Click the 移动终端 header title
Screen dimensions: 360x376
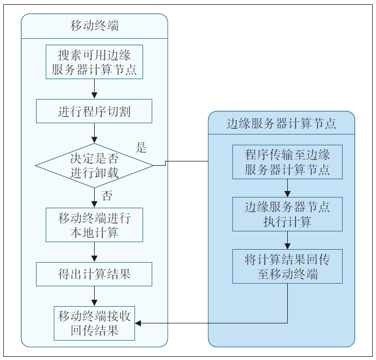[x=94, y=26]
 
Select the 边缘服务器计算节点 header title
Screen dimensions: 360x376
[x=281, y=123]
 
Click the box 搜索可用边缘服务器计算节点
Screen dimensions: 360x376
[x=94, y=62]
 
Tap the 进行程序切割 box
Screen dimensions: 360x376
[x=94, y=111]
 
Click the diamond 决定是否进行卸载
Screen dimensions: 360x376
[x=94, y=166]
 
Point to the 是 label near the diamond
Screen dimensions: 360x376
[x=141, y=148]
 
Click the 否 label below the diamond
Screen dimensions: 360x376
[x=107, y=195]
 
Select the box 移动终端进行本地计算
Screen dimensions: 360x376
[x=94, y=225]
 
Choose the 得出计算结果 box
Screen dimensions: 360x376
[x=94, y=274]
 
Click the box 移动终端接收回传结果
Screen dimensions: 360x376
[x=94, y=323]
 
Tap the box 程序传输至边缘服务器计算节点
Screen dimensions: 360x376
[x=287, y=163]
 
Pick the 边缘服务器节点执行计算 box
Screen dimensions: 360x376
[x=287, y=214]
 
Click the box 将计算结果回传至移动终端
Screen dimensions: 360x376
[x=287, y=266]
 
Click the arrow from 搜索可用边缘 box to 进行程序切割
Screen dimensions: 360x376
[x=94, y=89]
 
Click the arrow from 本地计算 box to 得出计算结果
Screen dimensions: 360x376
[x=94, y=252]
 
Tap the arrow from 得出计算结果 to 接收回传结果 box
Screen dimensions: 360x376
[x=94, y=296]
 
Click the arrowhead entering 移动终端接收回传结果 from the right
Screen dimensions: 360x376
[x=138, y=323]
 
